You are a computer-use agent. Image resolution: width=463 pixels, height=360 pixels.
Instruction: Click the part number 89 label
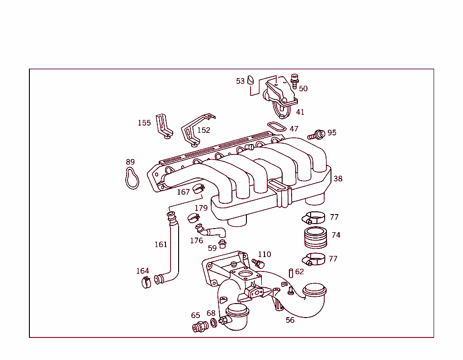coord(130,162)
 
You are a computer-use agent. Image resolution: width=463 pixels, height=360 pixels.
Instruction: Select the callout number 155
coord(144,123)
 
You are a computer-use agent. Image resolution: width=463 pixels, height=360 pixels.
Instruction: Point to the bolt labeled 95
coord(317,134)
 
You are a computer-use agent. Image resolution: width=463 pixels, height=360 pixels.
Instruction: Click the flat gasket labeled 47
coord(277,126)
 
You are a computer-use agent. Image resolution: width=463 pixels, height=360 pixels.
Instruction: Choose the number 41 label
coord(300,112)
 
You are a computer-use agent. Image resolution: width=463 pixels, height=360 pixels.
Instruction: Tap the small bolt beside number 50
coord(295,80)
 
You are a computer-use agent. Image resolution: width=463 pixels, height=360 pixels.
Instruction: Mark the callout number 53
coord(240,81)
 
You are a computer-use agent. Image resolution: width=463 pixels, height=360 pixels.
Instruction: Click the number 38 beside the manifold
coord(338,179)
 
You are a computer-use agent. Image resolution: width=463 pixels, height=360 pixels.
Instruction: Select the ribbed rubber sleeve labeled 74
coord(315,238)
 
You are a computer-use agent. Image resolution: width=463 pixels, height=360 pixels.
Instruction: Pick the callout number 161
coord(161,245)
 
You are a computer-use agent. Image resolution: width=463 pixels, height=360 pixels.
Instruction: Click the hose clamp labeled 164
coord(146,283)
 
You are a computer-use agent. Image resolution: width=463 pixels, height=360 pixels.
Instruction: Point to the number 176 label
coord(196,241)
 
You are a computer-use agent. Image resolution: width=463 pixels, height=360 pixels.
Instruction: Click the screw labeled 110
coord(258,262)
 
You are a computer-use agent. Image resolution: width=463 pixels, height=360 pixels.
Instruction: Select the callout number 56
coord(290,320)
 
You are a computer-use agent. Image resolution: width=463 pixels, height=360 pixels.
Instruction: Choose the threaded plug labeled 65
coord(198,327)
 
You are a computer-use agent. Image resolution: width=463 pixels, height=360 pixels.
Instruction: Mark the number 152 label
coord(203,130)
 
